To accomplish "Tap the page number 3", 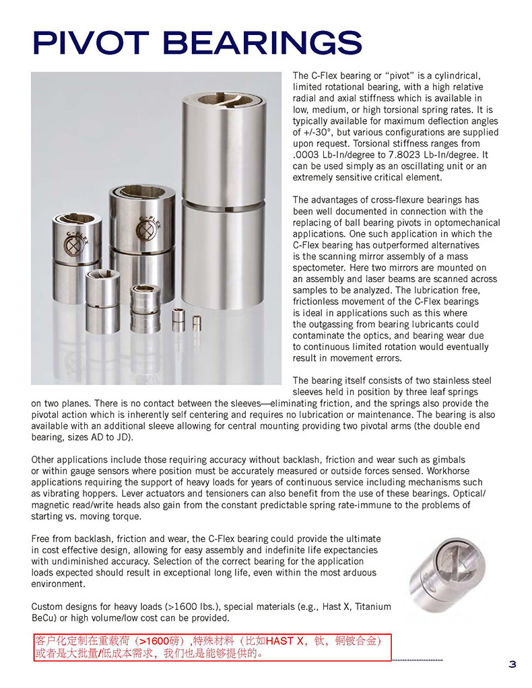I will (x=512, y=665).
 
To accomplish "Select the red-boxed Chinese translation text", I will (x=211, y=647).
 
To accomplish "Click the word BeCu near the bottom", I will (x=44, y=618).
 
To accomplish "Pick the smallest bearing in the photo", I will (x=197, y=321).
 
